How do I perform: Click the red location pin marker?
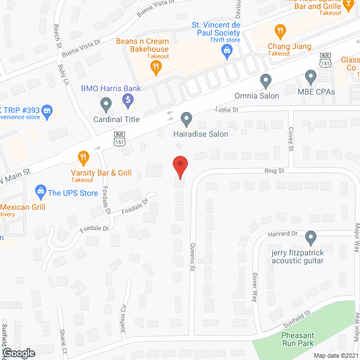179,167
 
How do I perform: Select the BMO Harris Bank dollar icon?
128,101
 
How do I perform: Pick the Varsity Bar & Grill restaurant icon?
83,157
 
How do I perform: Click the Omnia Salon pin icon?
265,79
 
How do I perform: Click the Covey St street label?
291,138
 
